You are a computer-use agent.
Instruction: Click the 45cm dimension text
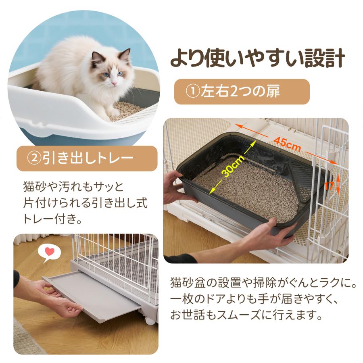pyautogui.click(x=288, y=144)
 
